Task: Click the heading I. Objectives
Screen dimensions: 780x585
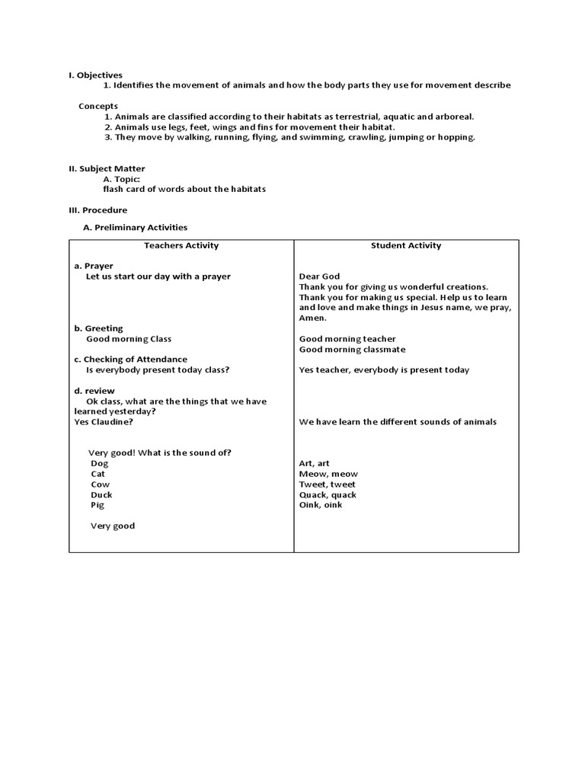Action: click(95, 75)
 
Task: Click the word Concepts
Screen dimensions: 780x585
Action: click(98, 106)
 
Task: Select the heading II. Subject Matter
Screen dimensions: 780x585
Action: click(107, 168)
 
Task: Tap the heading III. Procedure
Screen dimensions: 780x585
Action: click(98, 210)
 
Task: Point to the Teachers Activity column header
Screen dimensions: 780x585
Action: click(181, 245)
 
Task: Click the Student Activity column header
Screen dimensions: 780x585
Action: click(406, 245)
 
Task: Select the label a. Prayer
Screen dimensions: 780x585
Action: click(94, 266)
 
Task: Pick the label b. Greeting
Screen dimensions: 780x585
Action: click(98, 328)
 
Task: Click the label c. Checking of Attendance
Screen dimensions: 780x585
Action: click(130, 360)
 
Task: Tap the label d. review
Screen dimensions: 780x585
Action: click(94, 391)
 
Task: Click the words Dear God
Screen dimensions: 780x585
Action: click(320, 277)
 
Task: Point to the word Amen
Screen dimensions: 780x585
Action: click(313, 318)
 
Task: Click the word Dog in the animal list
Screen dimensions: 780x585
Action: click(100, 463)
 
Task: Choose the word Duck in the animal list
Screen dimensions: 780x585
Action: click(101, 494)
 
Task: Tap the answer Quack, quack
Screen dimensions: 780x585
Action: click(328, 494)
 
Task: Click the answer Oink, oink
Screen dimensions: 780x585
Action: click(321, 505)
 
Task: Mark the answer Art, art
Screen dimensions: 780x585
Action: click(315, 463)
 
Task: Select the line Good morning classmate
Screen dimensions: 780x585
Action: click(353, 350)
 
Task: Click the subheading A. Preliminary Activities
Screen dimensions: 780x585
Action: click(135, 227)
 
